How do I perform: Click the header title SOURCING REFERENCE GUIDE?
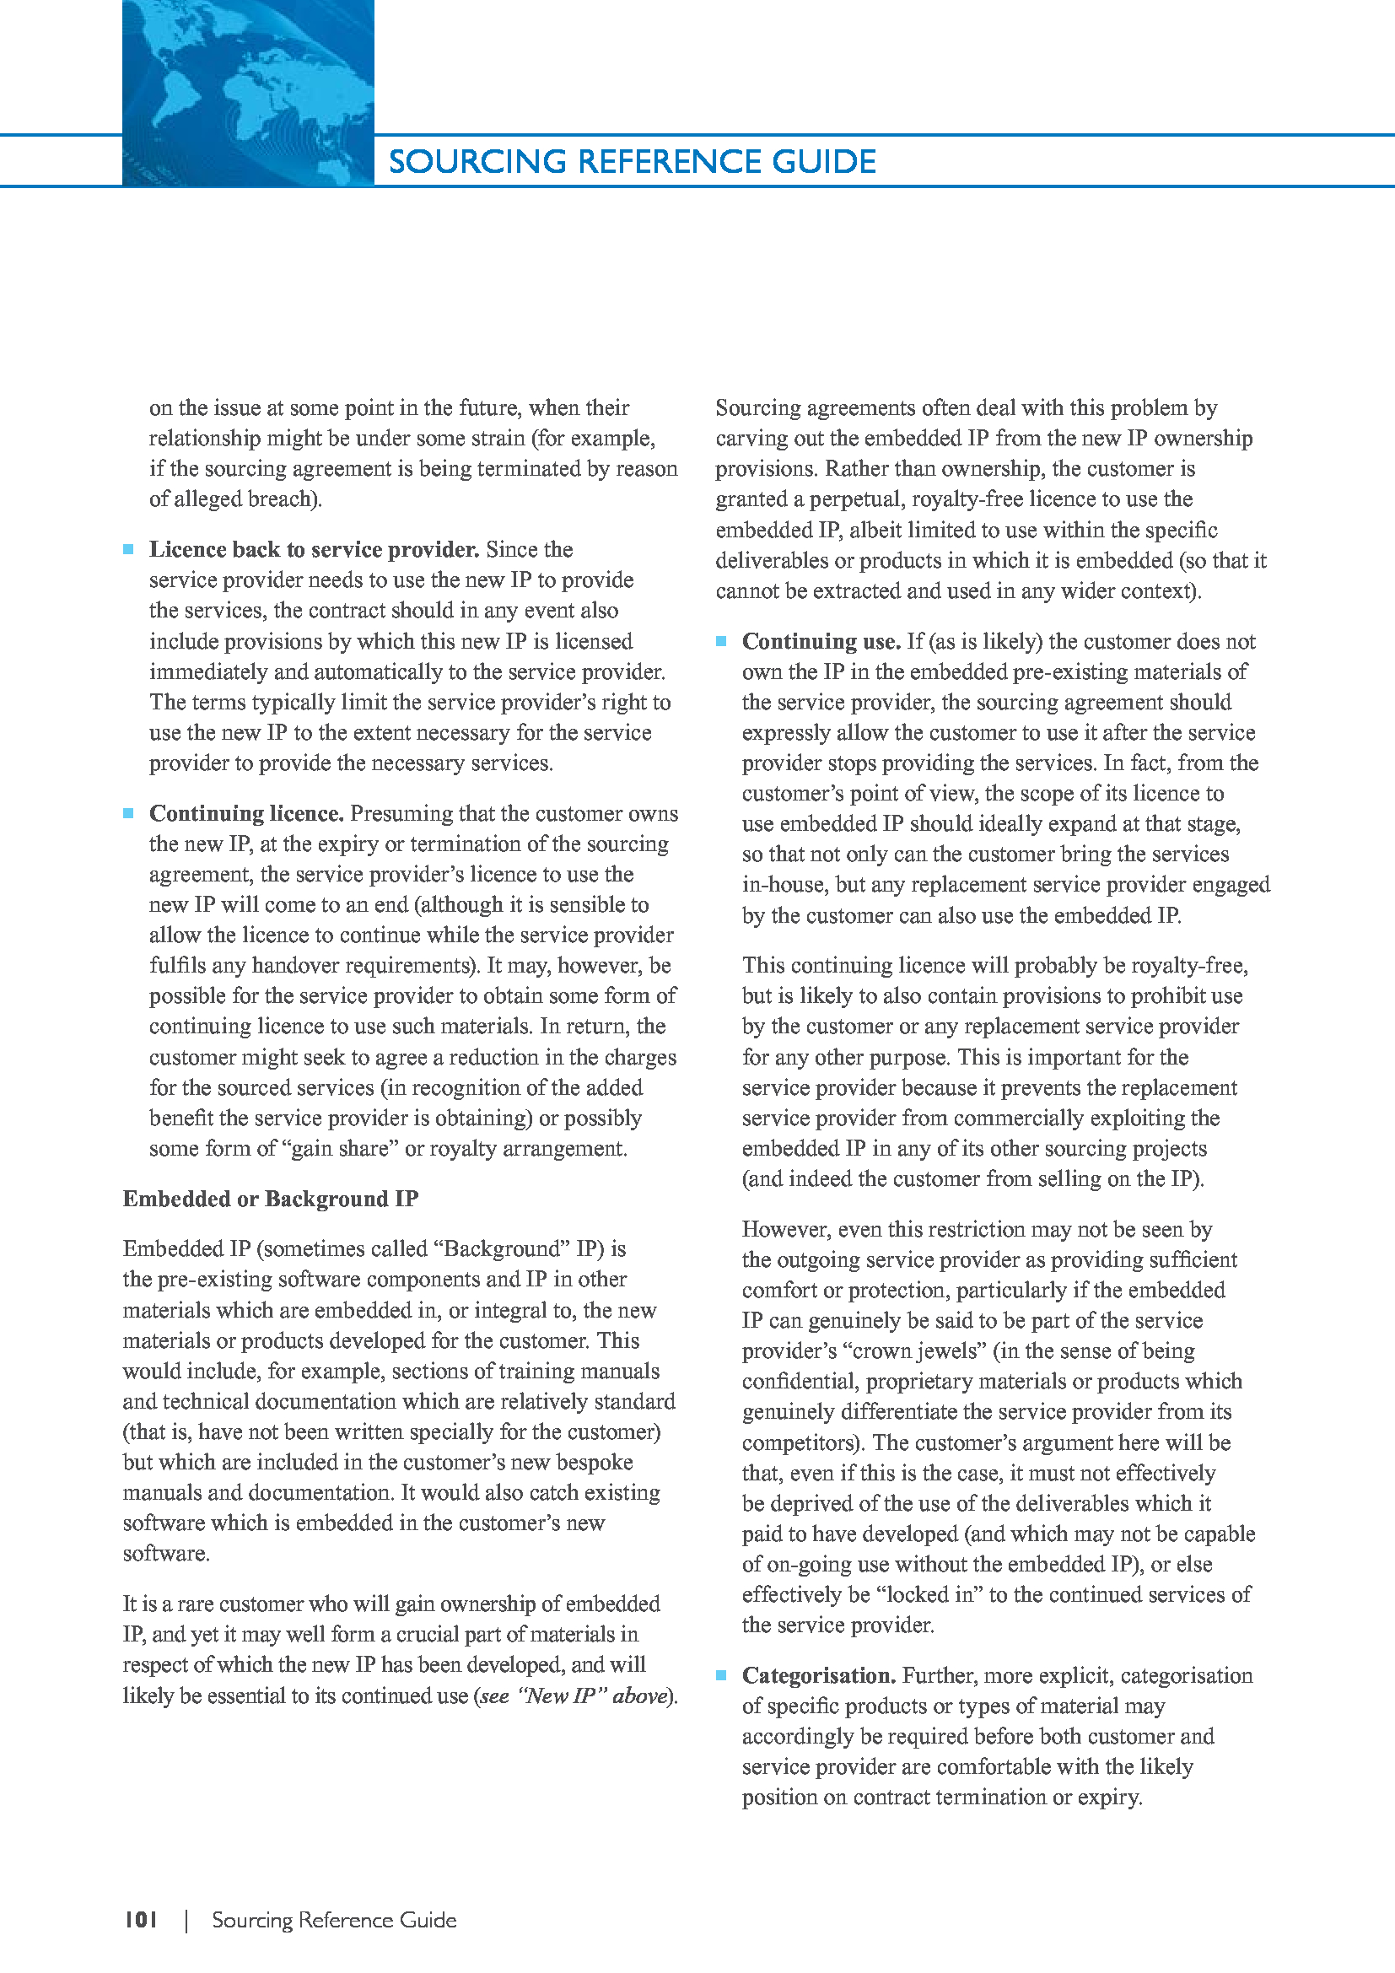coord(633,162)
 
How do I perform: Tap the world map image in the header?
coord(248,93)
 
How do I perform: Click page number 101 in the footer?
coord(141,1920)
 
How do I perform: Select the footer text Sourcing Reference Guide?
coord(334,1920)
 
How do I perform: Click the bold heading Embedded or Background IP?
coord(271,1199)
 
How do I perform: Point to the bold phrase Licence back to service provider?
coord(314,549)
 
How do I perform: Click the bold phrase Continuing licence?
coord(246,813)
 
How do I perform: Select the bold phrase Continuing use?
coord(821,641)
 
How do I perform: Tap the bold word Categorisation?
coord(819,1675)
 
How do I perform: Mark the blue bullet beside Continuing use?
coord(722,641)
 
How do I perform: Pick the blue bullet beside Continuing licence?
coord(129,813)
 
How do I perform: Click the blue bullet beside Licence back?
coord(129,549)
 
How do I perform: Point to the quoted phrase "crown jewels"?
coord(928,1350)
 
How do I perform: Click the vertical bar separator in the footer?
coord(186,1921)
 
